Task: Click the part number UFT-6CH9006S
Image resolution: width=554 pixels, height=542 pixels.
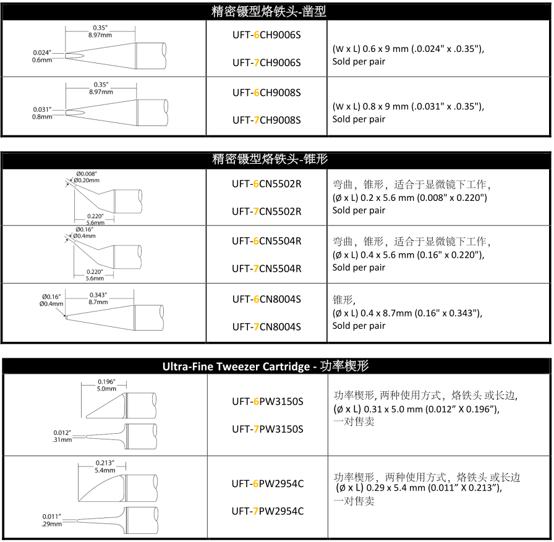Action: [x=266, y=35]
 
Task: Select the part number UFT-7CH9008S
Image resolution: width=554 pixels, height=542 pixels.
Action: [x=266, y=121]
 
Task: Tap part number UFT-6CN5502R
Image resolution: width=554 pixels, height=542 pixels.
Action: [x=266, y=183]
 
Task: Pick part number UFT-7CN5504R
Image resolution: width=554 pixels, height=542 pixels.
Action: [x=266, y=269]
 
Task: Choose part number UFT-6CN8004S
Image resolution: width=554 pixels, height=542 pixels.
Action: [x=266, y=300]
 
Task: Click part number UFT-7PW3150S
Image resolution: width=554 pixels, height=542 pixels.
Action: [x=267, y=429]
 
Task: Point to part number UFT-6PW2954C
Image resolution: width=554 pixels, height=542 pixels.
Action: [x=267, y=484]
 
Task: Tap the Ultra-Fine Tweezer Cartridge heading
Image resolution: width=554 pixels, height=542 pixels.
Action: [x=265, y=366]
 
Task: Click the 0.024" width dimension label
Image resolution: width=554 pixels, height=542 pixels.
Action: [x=42, y=53]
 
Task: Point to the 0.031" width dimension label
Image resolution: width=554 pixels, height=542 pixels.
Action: [x=42, y=110]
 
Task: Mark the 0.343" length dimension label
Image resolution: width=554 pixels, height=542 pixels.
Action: [x=98, y=295]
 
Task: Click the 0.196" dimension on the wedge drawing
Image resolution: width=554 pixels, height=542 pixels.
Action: [x=107, y=381]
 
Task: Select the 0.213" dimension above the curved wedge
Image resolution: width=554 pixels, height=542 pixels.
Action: [x=104, y=463]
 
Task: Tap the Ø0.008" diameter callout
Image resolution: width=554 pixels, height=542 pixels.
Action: [x=87, y=174]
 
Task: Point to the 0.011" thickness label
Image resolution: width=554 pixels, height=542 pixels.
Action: [x=52, y=517]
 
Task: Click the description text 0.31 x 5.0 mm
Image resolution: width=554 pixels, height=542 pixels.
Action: [x=386, y=409]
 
